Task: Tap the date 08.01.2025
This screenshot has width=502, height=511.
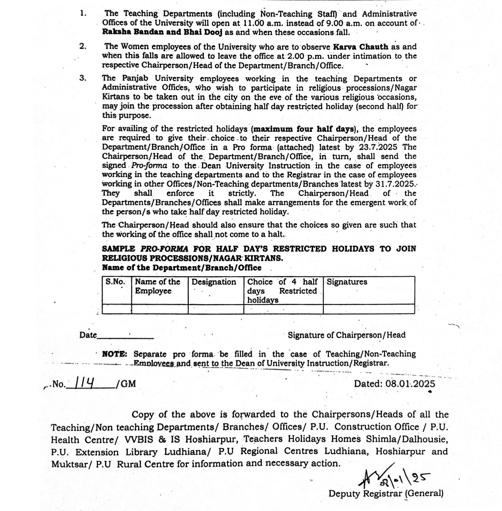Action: (x=410, y=383)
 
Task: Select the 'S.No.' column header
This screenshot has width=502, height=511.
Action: (x=115, y=282)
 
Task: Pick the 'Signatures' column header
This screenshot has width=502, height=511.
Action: (x=347, y=282)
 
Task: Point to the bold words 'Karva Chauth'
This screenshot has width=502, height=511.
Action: (x=360, y=47)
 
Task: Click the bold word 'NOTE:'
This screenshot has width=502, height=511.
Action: (x=115, y=354)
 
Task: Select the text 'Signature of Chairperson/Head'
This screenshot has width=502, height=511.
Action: (x=346, y=335)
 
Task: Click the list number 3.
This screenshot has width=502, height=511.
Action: (x=83, y=78)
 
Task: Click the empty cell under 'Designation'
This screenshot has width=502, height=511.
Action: (x=216, y=309)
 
